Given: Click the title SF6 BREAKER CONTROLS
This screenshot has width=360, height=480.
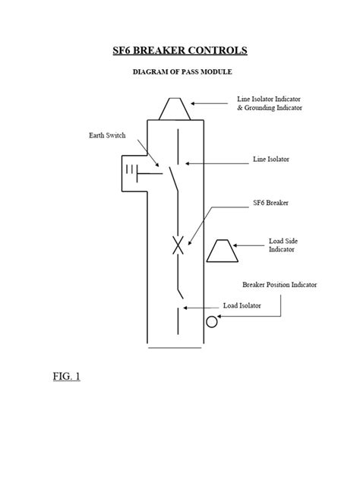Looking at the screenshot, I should (180, 51).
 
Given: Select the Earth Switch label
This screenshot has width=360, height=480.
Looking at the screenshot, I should (104, 137).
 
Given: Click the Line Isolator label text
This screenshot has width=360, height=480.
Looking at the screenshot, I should (271, 160).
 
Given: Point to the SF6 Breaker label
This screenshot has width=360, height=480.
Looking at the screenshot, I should (270, 204).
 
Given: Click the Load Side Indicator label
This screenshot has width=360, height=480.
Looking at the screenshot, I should (282, 245).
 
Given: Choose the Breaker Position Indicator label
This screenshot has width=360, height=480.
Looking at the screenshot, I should (279, 285).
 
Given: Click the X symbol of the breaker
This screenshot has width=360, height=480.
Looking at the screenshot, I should (177, 245).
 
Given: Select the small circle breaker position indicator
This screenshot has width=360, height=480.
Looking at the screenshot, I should (212, 322).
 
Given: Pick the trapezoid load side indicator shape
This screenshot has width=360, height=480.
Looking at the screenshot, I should (223, 252).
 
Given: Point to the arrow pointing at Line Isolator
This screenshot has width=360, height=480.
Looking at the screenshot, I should (213, 163).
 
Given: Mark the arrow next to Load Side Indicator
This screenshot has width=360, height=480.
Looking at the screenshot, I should (249, 245).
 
